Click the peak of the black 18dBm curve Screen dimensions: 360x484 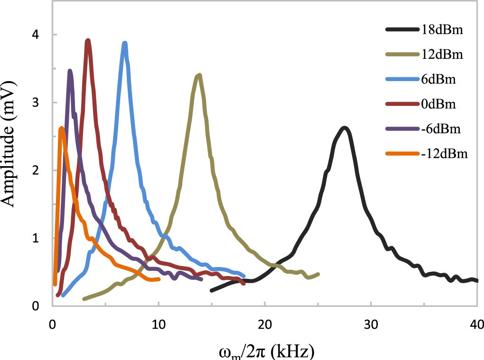point(345,128)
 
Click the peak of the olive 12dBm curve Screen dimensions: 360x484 point(199,75)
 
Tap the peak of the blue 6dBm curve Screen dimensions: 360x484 point(125,43)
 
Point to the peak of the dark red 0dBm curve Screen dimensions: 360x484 point(88,41)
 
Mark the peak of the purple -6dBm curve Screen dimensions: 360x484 point(70,71)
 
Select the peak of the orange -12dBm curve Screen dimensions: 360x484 point(61,128)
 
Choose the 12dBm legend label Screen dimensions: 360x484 point(442,55)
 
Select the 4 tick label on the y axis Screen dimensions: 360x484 point(41,35)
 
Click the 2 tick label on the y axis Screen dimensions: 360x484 point(41,170)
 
